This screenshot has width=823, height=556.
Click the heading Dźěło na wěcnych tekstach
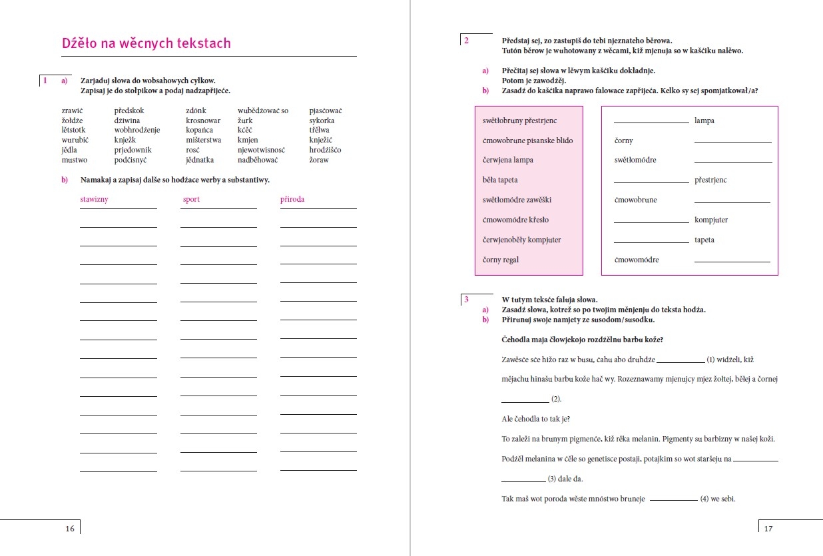click(146, 44)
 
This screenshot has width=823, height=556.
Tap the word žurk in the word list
click(246, 121)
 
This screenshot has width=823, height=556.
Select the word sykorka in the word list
click(322, 121)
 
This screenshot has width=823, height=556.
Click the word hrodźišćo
click(326, 150)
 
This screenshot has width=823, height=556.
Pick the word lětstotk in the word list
click(73, 131)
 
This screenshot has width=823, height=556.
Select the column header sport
click(190, 199)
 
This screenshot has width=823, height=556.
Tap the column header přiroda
click(292, 199)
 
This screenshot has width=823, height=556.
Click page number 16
click(70, 529)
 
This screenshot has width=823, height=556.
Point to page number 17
click(768, 529)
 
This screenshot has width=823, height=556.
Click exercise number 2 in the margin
click(466, 41)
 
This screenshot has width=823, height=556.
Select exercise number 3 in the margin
click(466, 300)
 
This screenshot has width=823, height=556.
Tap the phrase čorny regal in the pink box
click(501, 260)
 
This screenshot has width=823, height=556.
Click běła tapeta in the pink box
click(500, 180)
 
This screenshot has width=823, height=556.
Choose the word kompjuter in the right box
click(711, 220)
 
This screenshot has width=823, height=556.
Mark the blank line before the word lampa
click(651, 123)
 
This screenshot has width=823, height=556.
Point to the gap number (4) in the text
click(704, 499)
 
